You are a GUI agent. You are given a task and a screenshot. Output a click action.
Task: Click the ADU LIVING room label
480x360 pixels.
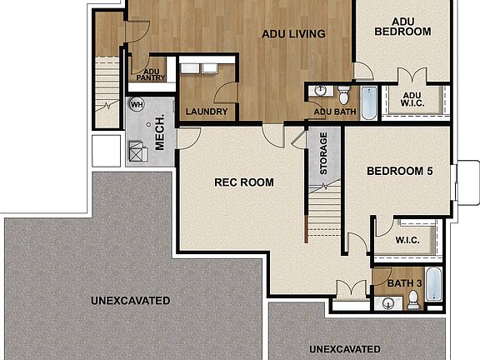[292, 34]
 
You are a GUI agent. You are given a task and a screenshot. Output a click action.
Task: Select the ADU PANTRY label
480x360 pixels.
[152, 75]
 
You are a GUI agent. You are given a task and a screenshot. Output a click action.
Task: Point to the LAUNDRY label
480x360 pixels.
[207, 112]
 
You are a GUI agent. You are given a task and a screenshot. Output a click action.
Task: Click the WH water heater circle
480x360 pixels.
[137, 105]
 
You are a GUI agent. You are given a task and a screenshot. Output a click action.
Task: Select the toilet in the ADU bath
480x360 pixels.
[343, 91]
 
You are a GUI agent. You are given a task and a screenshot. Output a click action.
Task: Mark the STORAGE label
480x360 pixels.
[324, 153]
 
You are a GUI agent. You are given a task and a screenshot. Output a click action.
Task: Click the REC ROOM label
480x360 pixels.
[244, 182]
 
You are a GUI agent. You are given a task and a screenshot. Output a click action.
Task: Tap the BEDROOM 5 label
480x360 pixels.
[400, 172]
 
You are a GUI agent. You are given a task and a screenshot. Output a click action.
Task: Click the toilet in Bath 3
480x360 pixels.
[412, 303]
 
